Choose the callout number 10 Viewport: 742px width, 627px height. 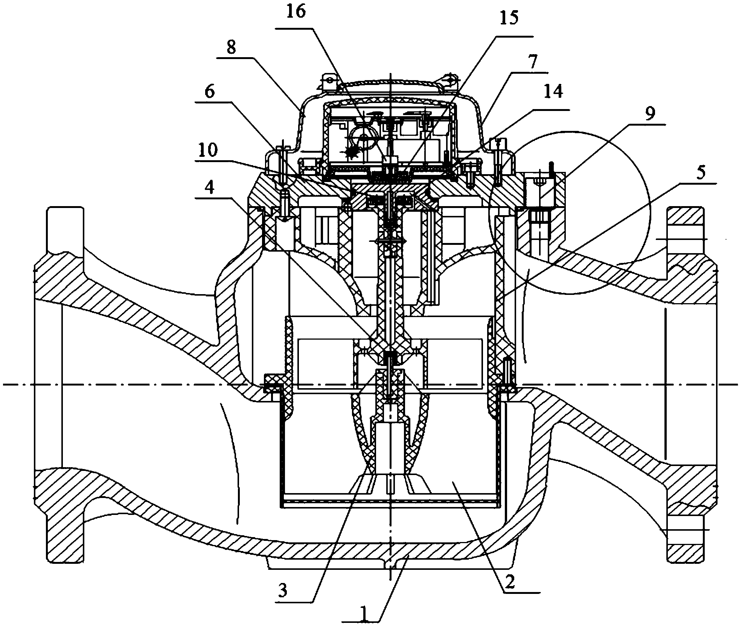(207, 150)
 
